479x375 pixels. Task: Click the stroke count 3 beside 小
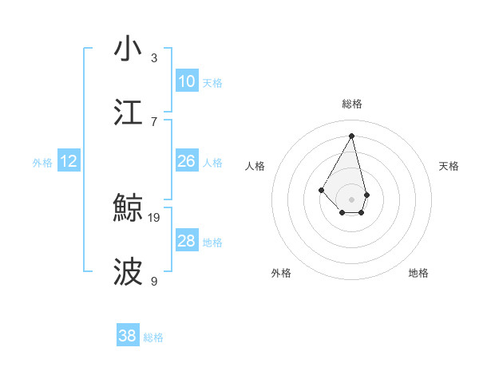[154, 57]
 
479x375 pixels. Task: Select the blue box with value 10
[187, 81]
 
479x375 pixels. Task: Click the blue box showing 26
[187, 161]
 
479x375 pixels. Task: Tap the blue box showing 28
[187, 241]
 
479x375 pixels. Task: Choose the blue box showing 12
[69, 162]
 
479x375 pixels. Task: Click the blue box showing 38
[128, 336]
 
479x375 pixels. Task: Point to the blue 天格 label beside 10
[212, 83]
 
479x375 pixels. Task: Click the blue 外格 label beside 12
[42, 163]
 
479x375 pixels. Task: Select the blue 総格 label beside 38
[153, 337]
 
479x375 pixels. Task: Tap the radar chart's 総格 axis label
[352, 104]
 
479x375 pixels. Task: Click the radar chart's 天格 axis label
[449, 166]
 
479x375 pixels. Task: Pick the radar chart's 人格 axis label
[255, 166]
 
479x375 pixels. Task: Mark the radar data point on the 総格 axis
[351, 135]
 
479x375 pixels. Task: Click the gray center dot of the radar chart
[351, 199]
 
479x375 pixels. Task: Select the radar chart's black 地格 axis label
[418, 273]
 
